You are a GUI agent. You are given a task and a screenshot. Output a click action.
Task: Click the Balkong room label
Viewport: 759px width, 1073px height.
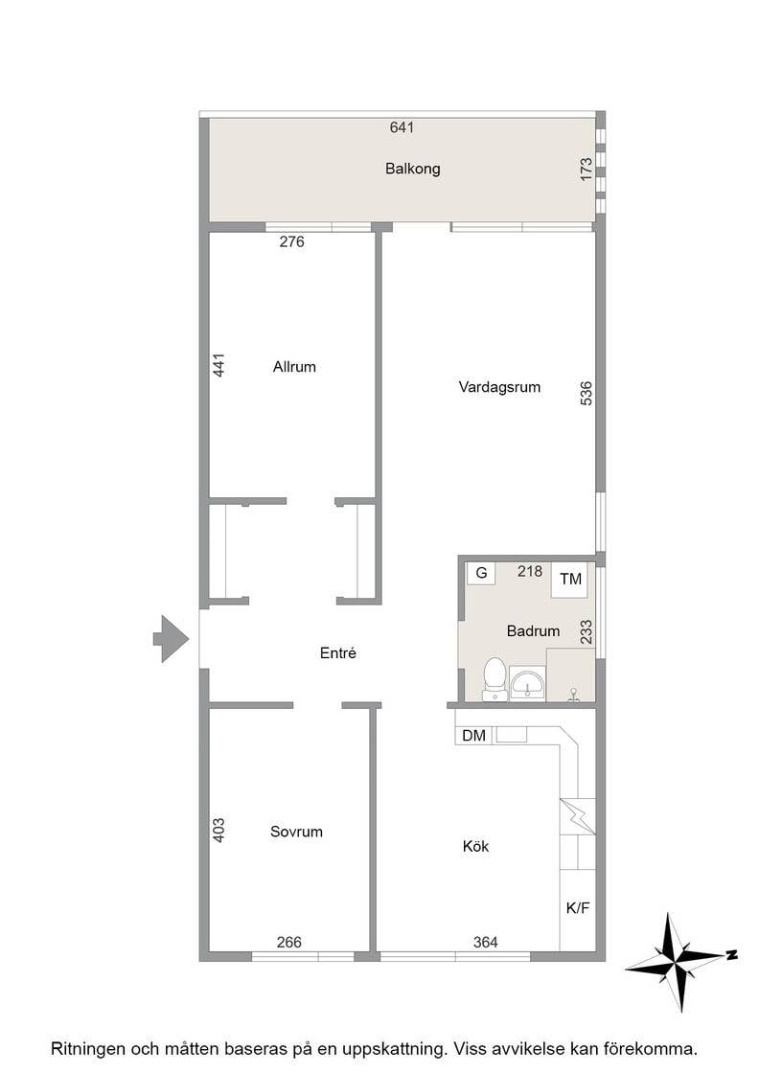pos(412,169)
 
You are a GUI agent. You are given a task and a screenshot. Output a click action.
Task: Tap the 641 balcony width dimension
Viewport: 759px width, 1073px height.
pos(402,127)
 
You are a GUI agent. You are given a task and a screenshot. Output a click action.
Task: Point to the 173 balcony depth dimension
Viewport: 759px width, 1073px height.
pos(586,170)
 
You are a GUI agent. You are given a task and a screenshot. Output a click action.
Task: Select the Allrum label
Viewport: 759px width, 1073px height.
pos(294,367)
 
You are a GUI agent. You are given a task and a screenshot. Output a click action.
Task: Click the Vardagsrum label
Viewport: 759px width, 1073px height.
pos(499,387)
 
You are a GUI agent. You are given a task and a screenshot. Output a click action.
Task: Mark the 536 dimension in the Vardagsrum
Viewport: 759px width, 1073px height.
pos(586,394)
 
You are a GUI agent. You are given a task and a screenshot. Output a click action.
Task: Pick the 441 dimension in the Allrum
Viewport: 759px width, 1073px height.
pos(218,365)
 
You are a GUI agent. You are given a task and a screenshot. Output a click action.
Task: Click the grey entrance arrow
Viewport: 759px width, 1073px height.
pos(171,638)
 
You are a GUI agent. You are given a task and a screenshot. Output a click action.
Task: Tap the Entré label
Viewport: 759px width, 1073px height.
pos(338,652)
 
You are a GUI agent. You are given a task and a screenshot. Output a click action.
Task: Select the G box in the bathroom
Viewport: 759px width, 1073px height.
pos(481,574)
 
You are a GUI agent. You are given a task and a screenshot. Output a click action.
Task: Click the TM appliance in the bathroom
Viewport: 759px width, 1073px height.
pos(571,579)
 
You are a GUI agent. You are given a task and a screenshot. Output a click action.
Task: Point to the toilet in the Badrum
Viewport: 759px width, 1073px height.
pos(494,679)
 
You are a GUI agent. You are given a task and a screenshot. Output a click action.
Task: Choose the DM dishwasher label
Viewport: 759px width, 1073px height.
pos(473,736)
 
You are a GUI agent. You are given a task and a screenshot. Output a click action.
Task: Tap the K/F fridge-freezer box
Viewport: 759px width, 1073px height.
pos(578,909)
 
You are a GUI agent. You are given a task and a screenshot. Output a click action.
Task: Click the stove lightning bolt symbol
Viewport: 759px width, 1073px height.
pos(578,816)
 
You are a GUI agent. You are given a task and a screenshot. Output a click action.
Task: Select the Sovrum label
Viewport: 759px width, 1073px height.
pos(296,833)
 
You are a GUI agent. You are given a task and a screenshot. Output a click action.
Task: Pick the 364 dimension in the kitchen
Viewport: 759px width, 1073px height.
pos(485,943)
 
